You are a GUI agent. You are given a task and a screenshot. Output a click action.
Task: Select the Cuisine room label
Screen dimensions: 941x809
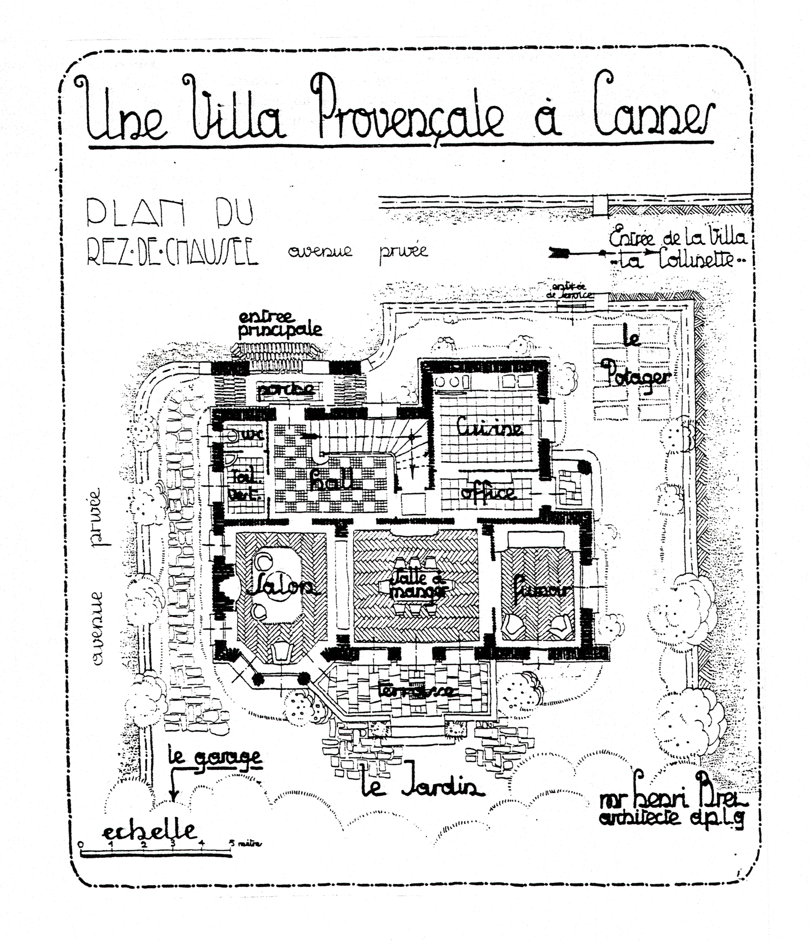click(x=489, y=427)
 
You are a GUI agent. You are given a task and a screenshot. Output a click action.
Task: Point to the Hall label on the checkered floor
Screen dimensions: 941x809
click(x=331, y=480)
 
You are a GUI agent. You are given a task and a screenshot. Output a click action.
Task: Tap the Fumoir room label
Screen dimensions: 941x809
click(x=541, y=590)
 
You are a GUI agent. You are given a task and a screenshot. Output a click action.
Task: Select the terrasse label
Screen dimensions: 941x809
click(x=416, y=689)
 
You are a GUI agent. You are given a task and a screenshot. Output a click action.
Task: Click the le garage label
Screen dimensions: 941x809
click(x=214, y=757)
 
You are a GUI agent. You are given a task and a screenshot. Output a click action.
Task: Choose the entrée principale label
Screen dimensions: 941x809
click(x=280, y=323)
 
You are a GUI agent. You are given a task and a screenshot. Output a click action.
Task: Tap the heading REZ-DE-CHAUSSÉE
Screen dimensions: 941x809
click(x=173, y=253)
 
